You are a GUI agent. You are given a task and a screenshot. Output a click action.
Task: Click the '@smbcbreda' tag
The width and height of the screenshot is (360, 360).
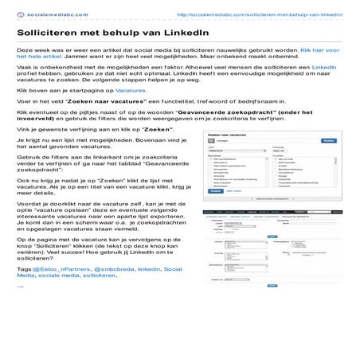click(112, 269)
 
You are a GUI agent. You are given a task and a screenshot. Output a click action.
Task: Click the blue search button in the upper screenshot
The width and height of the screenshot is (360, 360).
click(327, 162)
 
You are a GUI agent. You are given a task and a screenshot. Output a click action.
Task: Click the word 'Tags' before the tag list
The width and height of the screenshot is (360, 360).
click(25, 269)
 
